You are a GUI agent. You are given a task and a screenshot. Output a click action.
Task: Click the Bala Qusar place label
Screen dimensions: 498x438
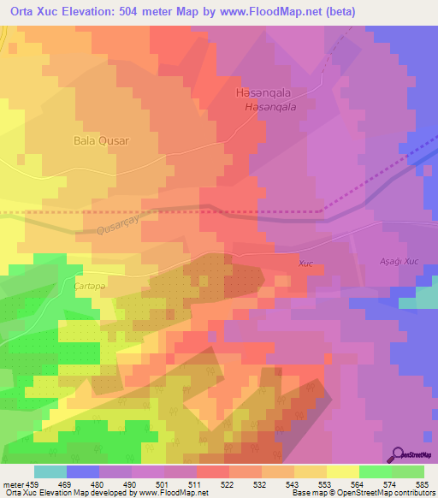[x=101, y=140]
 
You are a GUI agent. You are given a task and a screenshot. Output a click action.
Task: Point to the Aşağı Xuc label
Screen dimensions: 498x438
[x=398, y=260]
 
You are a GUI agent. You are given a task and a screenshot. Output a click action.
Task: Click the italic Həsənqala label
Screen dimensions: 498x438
[x=269, y=107]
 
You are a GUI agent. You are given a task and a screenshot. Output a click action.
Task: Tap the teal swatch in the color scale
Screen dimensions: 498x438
[x=50, y=471]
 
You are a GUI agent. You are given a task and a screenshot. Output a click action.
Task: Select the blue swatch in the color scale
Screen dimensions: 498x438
[x=83, y=471]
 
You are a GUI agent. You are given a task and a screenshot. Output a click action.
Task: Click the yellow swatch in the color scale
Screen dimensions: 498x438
[x=342, y=471]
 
